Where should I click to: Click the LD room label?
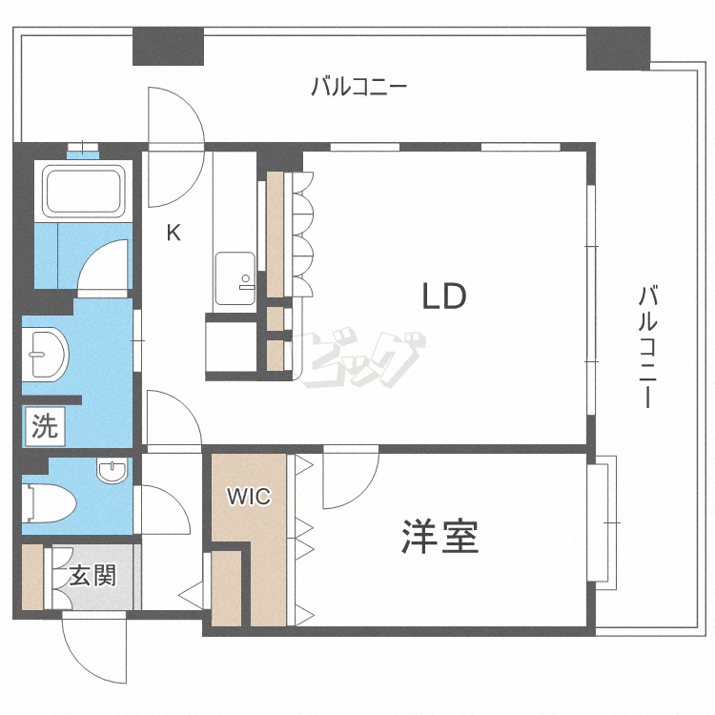coord(444,296)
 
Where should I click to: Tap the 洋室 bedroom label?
coord(440,536)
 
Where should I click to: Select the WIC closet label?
coord(249,497)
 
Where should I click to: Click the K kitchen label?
coord(174,233)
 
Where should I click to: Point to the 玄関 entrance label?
coord(93,576)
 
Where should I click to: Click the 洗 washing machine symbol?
coord(45,426)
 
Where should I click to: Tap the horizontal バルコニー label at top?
coord(358,86)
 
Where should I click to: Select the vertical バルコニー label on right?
coord(647,346)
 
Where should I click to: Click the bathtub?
coord(84,192)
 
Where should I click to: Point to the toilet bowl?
coord(49,503)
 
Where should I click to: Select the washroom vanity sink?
coord(46,354)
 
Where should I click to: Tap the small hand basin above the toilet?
coord(112,470)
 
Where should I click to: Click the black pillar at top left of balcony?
coord(168,46)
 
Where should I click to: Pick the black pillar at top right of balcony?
coord(618,49)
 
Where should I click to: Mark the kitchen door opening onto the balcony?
coord(176,147)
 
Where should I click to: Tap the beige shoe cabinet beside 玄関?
coord(32,577)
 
